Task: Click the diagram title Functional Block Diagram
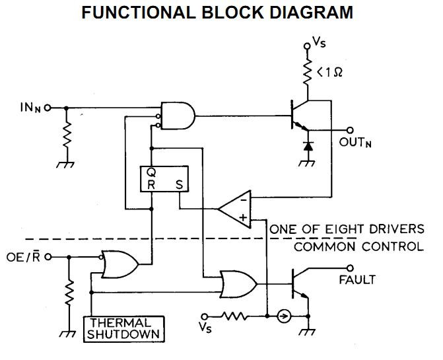tap(221, 13)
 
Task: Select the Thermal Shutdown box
tap(124, 328)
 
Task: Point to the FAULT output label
tap(357, 279)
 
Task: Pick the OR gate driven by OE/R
tap(119, 264)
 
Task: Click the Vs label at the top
tap(319, 46)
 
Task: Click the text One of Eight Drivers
tap(347, 229)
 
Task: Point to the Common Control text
tap(358, 246)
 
